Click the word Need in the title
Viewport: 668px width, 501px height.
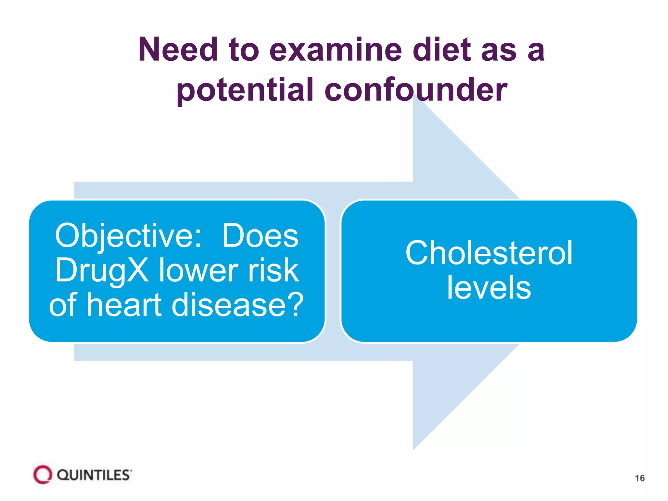point(178,50)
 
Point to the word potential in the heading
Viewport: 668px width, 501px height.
point(245,90)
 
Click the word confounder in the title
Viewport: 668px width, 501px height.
point(416,90)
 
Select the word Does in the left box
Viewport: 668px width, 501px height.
point(260,236)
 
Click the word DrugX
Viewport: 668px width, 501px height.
point(102,270)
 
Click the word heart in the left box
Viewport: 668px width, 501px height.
point(124,305)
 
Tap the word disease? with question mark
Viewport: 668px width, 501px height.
point(237,305)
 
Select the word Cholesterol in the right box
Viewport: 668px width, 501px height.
point(489,253)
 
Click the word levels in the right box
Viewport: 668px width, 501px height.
point(489,288)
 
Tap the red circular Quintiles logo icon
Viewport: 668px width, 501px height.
point(42,475)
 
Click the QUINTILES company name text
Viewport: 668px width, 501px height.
point(94,475)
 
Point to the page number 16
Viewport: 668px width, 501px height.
point(640,478)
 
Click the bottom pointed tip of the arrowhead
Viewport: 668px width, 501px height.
point(414,449)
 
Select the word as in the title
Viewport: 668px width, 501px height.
point(499,50)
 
